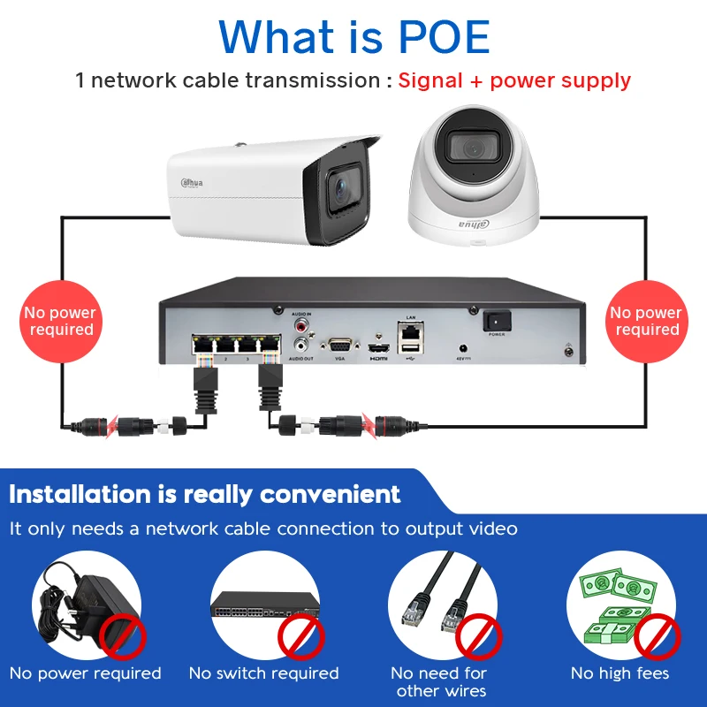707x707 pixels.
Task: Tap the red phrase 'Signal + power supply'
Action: pos(514,80)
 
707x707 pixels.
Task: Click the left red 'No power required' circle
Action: pos(60,321)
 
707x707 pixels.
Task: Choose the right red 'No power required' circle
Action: pos(646,321)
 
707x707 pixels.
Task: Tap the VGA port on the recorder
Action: pos(339,346)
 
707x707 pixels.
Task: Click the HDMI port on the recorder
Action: pos(379,346)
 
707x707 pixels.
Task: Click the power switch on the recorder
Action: pos(497,323)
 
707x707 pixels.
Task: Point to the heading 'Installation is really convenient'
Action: pos(205,493)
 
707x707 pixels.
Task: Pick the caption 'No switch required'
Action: pos(263,673)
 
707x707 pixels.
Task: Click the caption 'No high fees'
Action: pos(620,673)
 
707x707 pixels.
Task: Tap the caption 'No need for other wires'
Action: pos(440,681)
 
